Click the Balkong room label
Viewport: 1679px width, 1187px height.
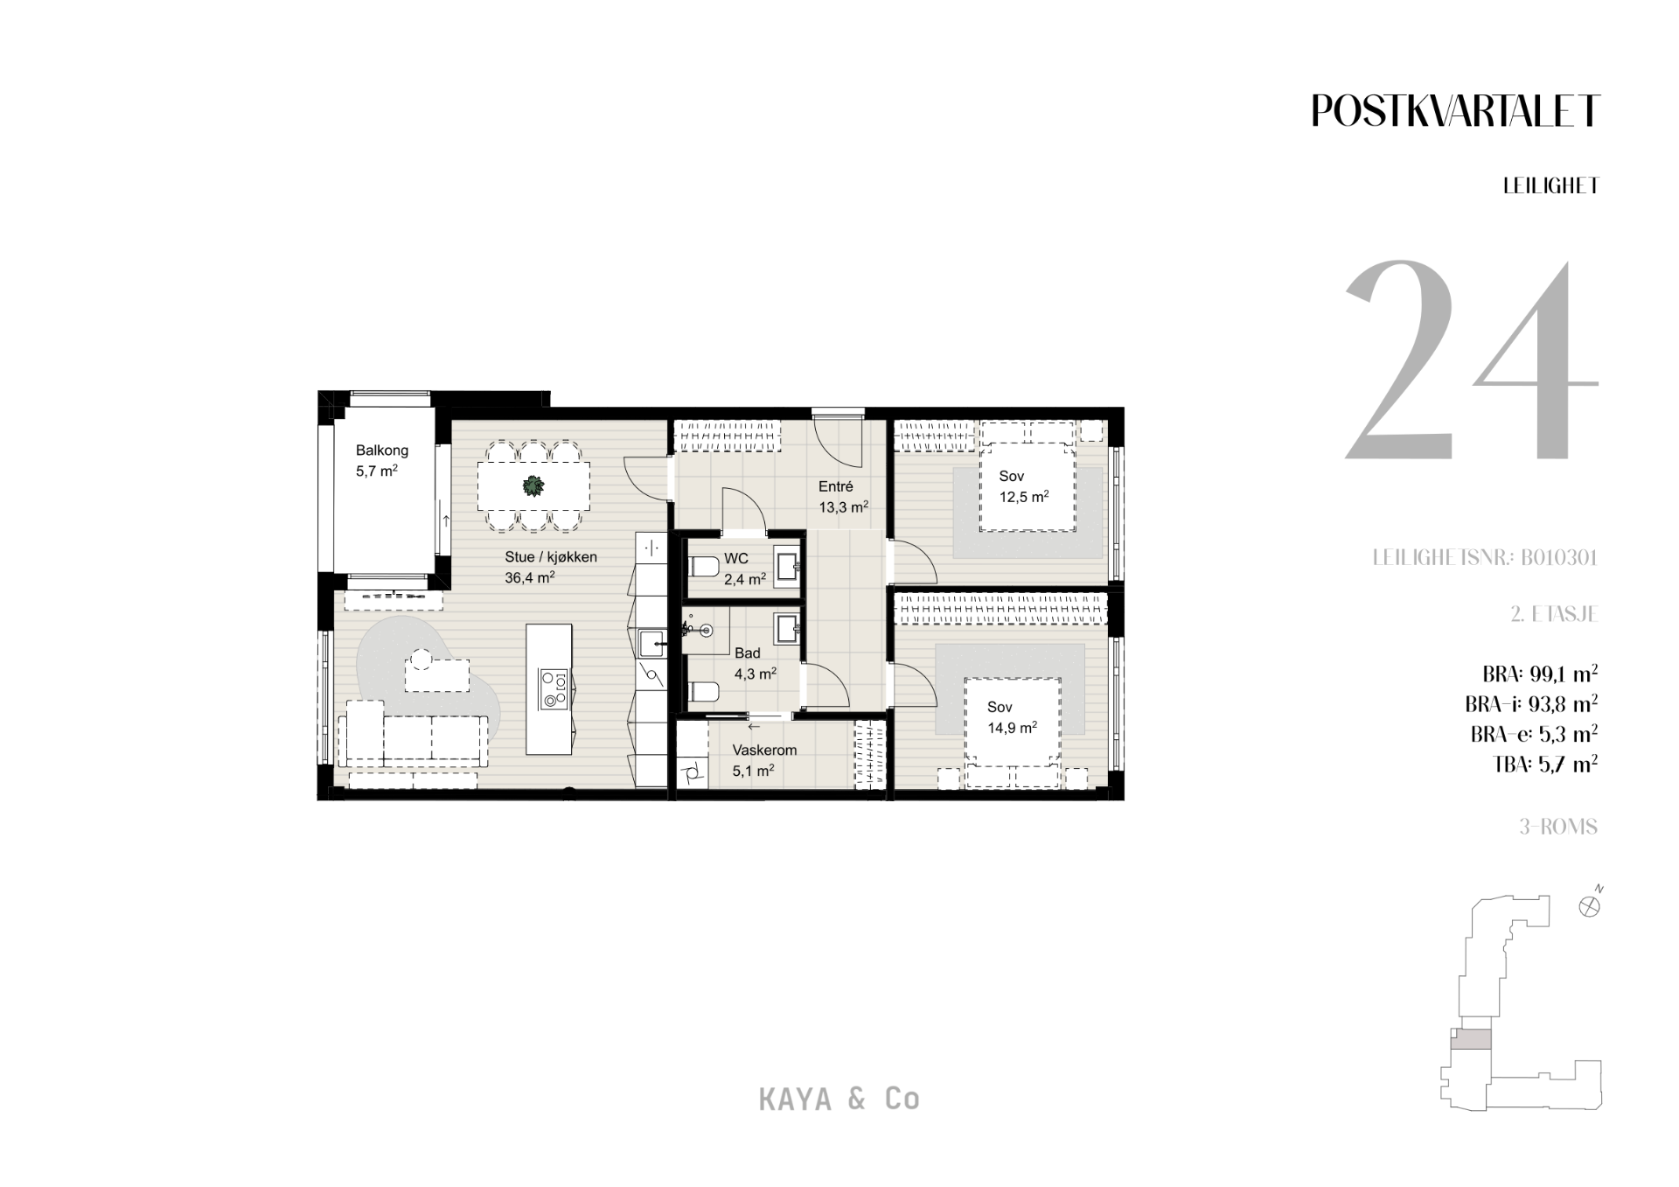point(382,450)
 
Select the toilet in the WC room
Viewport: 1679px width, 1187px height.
point(702,568)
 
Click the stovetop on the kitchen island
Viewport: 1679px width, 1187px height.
point(554,688)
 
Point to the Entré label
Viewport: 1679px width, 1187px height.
point(835,487)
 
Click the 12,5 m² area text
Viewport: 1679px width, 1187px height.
point(1024,497)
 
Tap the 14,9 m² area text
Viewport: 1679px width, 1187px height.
point(1013,728)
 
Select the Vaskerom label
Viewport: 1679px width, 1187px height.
point(764,751)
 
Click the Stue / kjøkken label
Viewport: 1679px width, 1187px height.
point(551,557)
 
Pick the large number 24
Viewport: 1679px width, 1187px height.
point(1472,360)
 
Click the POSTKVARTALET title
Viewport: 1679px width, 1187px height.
point(1455,111)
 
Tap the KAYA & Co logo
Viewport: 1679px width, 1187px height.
point(839,1100)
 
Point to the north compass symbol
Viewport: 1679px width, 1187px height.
point(1591,904)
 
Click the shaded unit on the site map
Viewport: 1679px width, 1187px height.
point(1471,1039)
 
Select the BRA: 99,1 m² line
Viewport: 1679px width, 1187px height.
point(1540,674)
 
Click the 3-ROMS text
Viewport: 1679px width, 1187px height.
point(1558,827)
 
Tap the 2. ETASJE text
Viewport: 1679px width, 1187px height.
point(1554,614)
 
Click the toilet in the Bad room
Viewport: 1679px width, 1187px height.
point(702,692)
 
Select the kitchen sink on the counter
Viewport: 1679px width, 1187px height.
point(651,644)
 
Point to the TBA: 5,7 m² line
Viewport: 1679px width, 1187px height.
point(1545,765)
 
